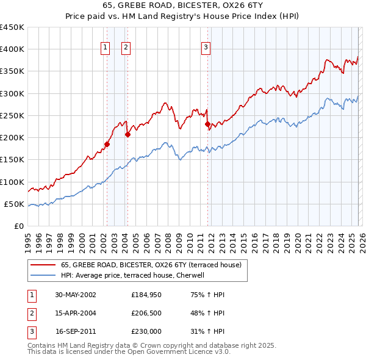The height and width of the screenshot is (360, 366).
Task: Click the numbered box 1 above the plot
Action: [x=106, y=48]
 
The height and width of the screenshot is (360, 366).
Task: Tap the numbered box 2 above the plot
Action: [x=126, y=48]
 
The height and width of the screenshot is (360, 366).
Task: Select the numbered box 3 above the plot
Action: [x=206, y=48]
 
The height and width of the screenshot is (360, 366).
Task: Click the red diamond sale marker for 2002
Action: [x=107, y=145]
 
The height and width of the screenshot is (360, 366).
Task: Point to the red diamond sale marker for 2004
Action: [x=127, y=135]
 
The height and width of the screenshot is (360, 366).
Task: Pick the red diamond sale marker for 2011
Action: [x=207, y=124]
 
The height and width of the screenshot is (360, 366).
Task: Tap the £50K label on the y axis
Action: [x=15, y=204]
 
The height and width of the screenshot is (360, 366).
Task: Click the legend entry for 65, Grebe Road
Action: [x=151, y=265]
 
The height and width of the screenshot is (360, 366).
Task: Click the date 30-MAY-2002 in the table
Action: [x=76, y=295]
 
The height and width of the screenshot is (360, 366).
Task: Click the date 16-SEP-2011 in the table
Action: [x=76, y=333]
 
